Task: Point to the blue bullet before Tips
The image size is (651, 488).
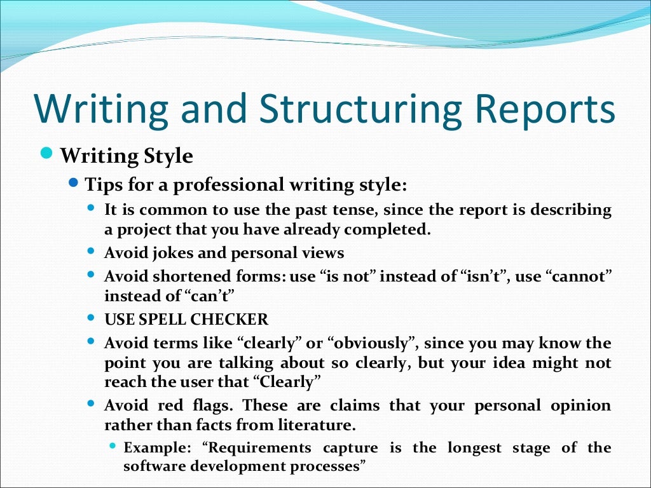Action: click(73, 184)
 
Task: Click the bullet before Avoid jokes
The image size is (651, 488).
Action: click(92, 251)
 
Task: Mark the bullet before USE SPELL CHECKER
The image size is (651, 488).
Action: click(92, 318)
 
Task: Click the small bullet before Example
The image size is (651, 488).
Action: click(113, 447)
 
